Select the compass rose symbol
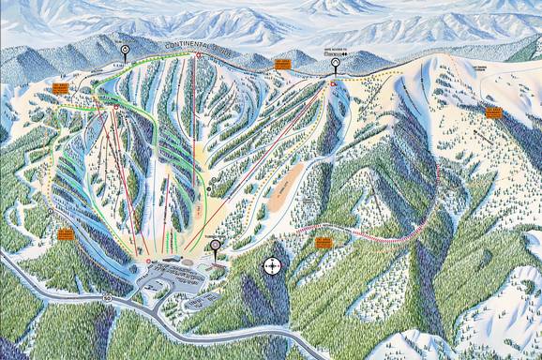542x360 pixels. [273, 266]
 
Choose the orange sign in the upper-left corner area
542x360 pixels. [60, 85]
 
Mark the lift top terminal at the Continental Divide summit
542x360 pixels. [198, 55]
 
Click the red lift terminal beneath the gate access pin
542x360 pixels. [332, 85]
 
